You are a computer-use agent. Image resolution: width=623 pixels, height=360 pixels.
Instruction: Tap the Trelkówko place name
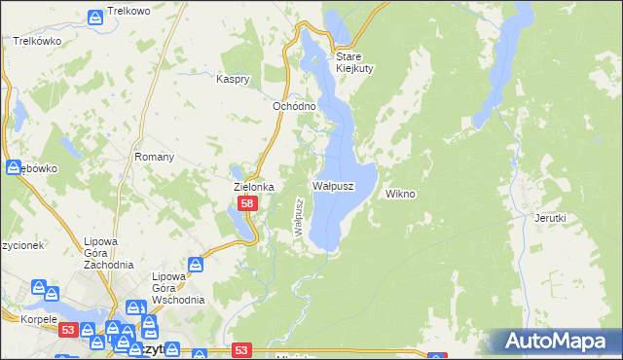[x=37, y=42]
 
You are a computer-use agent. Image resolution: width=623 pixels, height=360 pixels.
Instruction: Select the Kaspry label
[x=234, y=79]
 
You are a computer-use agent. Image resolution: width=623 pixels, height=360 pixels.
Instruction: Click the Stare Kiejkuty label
[x=355, y=62]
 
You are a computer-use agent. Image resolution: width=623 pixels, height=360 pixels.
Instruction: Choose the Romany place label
[x=154, y=157]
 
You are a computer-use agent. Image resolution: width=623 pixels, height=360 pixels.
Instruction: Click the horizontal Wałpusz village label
[x=332, y=185]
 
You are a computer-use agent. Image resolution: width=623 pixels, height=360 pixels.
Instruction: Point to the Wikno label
[x=400, y=194]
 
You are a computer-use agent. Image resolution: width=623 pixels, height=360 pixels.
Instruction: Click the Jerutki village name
[x=550, y=218]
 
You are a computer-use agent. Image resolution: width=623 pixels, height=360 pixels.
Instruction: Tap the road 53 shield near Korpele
[x=66, y=331]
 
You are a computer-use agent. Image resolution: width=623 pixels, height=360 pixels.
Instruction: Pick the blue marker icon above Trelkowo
[x=95, y=18]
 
